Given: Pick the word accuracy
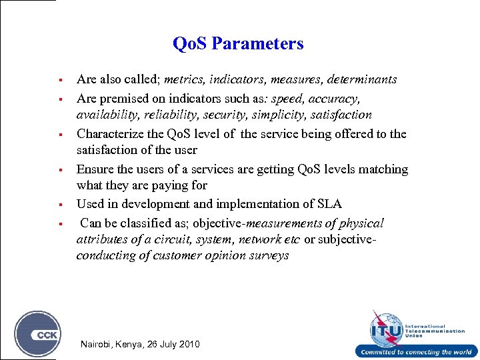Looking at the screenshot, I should point(337,99).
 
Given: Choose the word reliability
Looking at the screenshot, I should point(161,115).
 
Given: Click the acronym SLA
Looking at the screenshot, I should point(329,204).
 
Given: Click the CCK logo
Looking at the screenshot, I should point(37,334).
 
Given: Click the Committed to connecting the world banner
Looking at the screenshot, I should point(417,352).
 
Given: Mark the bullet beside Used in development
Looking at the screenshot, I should point(59,204).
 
